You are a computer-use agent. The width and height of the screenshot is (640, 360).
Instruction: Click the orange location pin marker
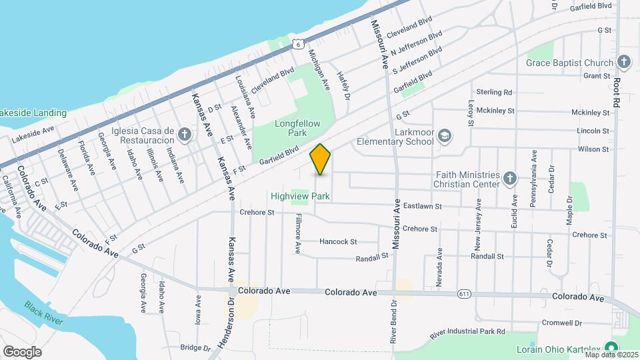click(x=321, y=159)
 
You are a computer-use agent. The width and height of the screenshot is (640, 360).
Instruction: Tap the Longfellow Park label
click(x=297, y=128)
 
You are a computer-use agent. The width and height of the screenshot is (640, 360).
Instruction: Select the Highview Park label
click(x=301, y=197)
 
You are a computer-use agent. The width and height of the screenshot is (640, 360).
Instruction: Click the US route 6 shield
click(x=297, y=44)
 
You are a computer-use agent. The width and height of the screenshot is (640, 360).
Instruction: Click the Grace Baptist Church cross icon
click(x=623, y=63)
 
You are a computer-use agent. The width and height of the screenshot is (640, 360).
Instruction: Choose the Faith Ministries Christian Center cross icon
click(x=509, y=178)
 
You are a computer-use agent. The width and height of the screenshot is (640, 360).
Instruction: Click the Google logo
click(x=22, y=351)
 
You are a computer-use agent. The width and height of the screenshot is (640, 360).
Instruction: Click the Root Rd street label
click(x=616, y=93)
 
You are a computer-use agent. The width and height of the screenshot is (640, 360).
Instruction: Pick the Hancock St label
click(x=338, y=241)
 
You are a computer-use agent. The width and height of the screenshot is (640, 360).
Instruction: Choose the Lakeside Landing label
click(x=33, y=113)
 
